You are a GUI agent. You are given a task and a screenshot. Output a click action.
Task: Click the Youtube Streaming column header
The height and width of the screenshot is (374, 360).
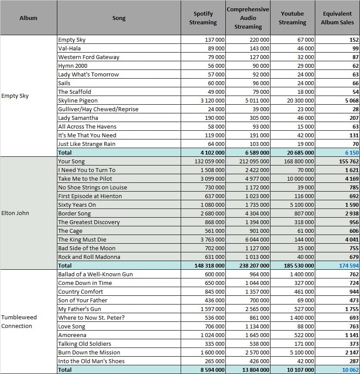tap(292, 18)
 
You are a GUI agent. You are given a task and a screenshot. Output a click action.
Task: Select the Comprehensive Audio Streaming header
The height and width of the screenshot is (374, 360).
tap(248, 18)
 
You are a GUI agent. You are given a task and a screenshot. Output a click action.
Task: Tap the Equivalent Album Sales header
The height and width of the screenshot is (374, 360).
tap(337, 18)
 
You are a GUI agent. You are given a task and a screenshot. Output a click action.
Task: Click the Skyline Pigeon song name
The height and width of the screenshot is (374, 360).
tap(78, 100)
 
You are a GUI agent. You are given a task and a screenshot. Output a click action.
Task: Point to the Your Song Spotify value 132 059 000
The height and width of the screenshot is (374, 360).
tap(209, 162)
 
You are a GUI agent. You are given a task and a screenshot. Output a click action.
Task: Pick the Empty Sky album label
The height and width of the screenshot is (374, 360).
tap(15, 96)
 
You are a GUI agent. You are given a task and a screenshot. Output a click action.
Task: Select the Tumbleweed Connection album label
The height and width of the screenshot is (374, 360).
tap(19, 321)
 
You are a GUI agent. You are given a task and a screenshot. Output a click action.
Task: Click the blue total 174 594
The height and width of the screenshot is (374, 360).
tap(349, 266)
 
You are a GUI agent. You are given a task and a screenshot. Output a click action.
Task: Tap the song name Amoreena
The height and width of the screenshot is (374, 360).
tap(72, 335)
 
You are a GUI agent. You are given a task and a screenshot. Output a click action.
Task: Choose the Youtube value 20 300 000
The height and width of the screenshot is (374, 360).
tap(301, 101)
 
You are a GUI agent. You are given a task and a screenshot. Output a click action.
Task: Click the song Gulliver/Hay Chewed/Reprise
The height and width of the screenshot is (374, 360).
tap(98, 109)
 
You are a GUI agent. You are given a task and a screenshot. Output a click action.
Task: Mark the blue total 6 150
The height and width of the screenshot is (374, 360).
tap(352, 152)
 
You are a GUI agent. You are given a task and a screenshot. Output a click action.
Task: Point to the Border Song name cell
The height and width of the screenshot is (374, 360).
tap(74, 213)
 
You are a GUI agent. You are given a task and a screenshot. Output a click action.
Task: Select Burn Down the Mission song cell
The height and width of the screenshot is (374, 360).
tap(89, 353)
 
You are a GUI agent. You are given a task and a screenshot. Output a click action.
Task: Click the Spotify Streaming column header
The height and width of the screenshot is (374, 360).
tap(203, 18)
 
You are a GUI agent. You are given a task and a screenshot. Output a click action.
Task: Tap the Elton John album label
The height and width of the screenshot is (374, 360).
tap(15, 213)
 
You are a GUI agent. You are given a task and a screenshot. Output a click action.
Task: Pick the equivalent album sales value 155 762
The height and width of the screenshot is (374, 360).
tap(349, 162)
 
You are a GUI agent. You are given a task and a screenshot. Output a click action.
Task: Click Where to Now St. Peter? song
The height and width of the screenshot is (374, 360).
tap(91, 318)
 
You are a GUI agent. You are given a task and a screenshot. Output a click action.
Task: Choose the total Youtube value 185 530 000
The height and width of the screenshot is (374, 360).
tap(299, 266)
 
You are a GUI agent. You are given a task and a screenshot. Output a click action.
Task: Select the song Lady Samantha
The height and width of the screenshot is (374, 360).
tap(78, 118)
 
